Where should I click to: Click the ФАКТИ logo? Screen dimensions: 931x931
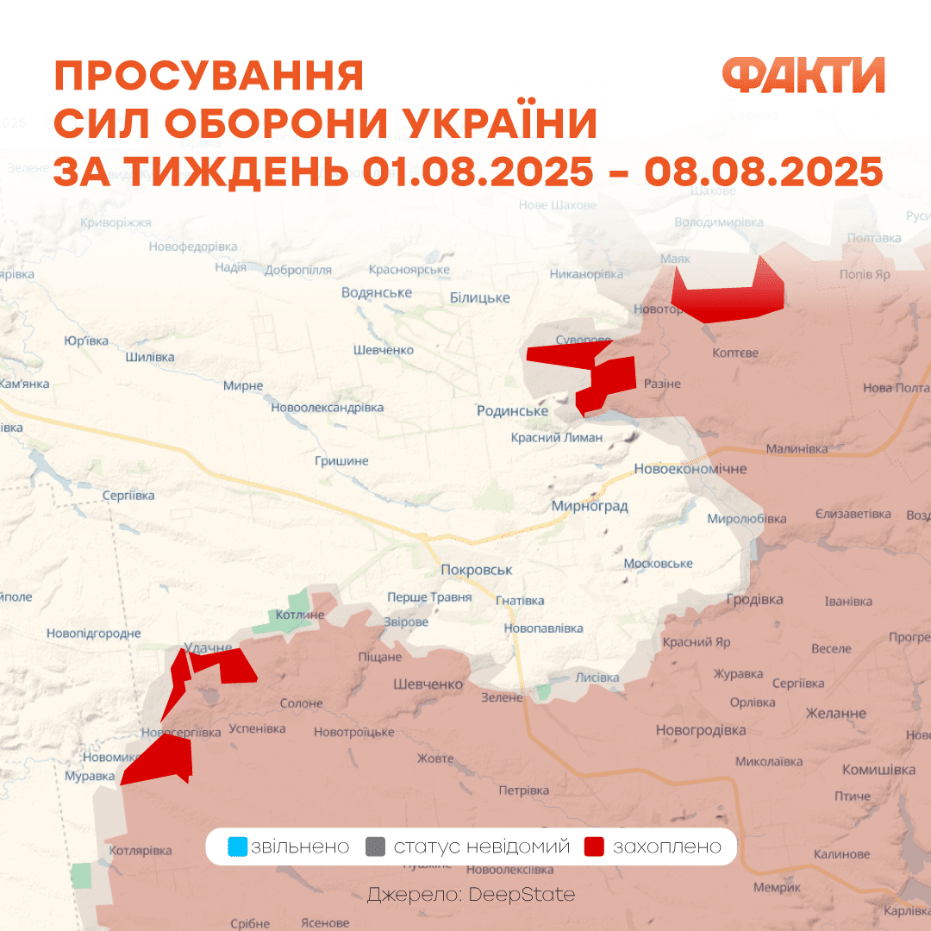click(803, 76)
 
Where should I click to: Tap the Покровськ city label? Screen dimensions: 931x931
click(476, 570)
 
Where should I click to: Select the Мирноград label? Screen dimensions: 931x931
click(590, 506)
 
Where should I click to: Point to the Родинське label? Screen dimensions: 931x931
click(512, 411)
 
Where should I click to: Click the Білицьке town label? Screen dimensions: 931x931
click(479, 297)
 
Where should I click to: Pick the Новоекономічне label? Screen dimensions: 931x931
click(690, 469)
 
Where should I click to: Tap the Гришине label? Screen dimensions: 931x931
click(341, 461)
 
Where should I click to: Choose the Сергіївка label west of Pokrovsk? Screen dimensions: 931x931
click(128, 496)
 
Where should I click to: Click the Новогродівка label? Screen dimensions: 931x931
click(700, 730)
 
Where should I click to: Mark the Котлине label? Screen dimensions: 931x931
click(300, 615)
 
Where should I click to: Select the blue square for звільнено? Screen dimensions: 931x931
click(237, 847)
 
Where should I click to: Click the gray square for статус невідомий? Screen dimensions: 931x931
click(375, 847)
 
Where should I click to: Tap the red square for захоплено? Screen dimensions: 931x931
click(593, 847)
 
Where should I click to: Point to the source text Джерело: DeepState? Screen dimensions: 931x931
click(471, 895)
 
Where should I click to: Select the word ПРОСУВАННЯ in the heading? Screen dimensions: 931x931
click(209, 77)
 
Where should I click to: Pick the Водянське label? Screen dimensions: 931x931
click(376, 292)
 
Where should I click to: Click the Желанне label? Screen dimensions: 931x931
click(835, 713)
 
